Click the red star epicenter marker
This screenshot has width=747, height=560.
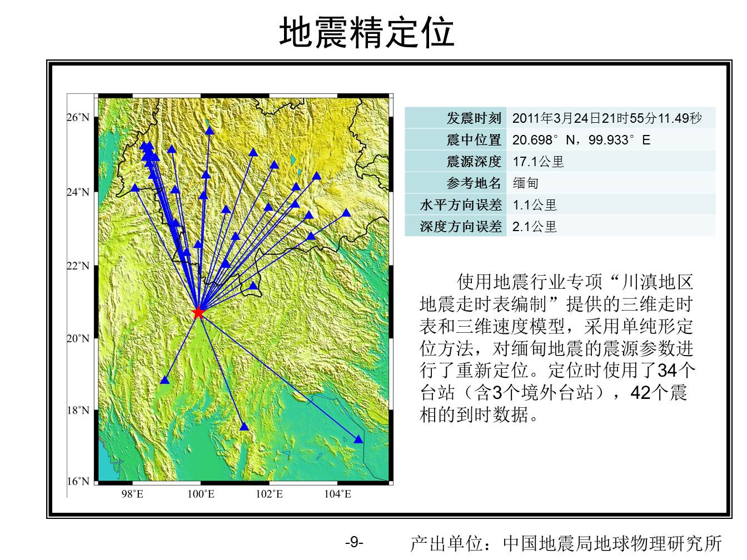[x=198, y=312]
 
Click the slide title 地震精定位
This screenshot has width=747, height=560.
[x=367, y=32]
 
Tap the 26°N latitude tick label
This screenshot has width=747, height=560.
[x=78, y=118]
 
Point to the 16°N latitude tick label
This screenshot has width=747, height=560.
[x=78, y=481]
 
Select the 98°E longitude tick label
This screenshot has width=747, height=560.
[x=132, y=494]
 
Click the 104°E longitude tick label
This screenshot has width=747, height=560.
[x=337, y=494]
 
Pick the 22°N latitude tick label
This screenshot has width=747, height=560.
[x=78, y=266]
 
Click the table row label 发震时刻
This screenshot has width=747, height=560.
[x=474, y=118]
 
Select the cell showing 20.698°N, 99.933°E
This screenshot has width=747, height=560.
[x=581, y=140]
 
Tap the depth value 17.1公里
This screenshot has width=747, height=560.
[x=538, y=162]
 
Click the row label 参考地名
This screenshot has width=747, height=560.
[x=474, y=183]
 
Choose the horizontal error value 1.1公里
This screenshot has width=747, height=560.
[x=534, y=205]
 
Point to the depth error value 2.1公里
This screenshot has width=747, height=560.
[x=534, y=227]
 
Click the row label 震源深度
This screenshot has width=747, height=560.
[x=474, y=162]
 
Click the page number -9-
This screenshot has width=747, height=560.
[x=354, y=542]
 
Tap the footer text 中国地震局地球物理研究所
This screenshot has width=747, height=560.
[x=612, y=543]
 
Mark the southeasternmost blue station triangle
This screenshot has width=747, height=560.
[x=358, y=439]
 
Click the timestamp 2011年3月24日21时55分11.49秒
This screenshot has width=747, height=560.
[x=607, y=118]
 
